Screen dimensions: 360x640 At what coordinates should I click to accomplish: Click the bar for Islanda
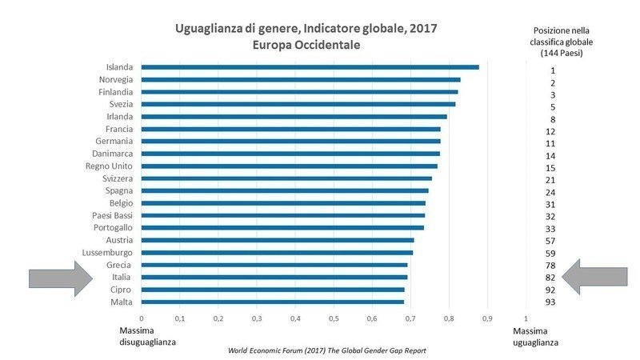pos(310,67)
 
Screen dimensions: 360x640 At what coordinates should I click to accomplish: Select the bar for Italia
pos(274,277)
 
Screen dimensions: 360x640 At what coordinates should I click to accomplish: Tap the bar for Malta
pos(273,302)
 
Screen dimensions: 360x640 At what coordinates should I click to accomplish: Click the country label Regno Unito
pos(114,166)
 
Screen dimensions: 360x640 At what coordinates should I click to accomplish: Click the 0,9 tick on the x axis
pos(487,318)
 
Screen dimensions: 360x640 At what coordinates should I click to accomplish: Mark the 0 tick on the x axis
pos(142,318)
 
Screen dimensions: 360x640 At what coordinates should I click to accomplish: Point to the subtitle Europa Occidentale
pos(306,46)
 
